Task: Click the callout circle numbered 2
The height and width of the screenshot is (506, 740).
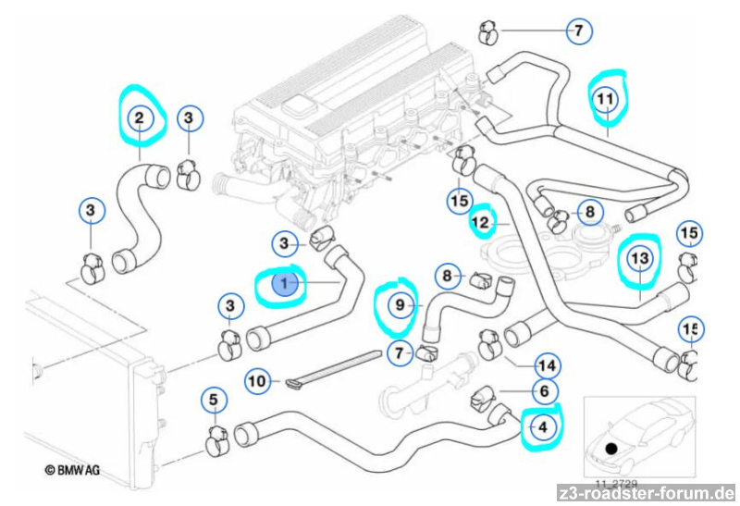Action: [x=139, y=117]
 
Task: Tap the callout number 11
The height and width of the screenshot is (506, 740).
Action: [x=605, y=97]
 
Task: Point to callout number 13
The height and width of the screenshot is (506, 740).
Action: [x=640, y=260]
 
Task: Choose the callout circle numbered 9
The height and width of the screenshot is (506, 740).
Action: [x=401, y=302]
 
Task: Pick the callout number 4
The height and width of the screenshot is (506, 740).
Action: [x=543, y=427]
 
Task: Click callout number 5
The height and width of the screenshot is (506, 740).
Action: [x=213, y=400]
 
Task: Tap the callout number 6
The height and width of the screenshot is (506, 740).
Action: [x=544, y=392]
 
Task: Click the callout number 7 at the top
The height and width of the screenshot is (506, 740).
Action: [x=578, y=31]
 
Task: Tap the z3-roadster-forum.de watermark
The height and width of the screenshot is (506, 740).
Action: [x=647, y=493]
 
